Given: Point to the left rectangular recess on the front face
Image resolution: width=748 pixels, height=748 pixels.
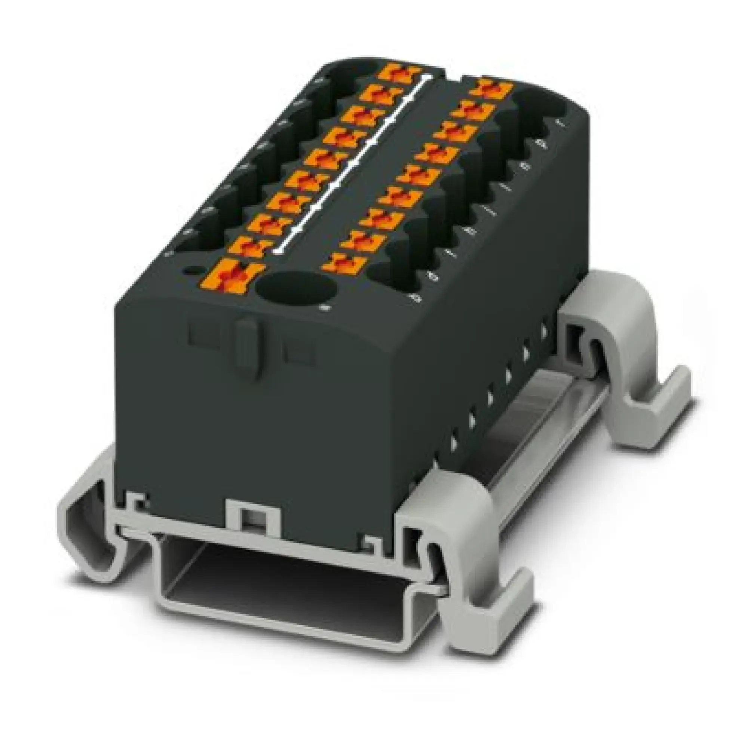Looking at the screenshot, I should (202, 334).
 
